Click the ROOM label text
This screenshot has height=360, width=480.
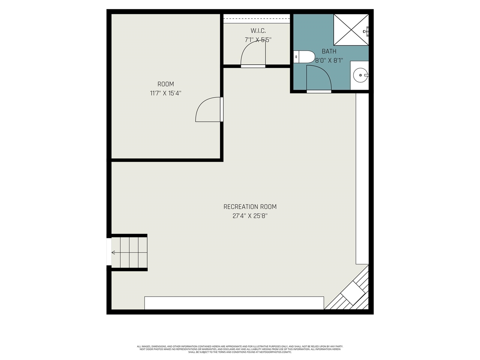click(x=165, y=84)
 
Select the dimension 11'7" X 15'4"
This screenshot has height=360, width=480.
click(x=165, y=93)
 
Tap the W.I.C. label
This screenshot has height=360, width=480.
click(x=258, y=31)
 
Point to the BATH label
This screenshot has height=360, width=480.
click(x=329, y=51)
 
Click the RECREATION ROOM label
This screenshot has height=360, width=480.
click(x=250, y=207)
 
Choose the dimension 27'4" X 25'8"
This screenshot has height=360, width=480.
click(x=250, y=216)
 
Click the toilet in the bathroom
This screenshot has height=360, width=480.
click(x=304, y=57)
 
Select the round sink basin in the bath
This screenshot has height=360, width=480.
click(x=361, y=75)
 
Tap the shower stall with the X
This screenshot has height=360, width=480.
click(x=351, y=30)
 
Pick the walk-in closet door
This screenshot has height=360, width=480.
click(x=253, y=52)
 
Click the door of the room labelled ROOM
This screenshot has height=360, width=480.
click(x=208, y=109)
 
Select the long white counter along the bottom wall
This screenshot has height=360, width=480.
click(x=234, y=303)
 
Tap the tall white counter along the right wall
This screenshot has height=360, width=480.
click(x=362, y=178)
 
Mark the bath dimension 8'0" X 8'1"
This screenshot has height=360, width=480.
click(x=329, y=60)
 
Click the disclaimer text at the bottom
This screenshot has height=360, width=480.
click(x=240, y=349)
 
